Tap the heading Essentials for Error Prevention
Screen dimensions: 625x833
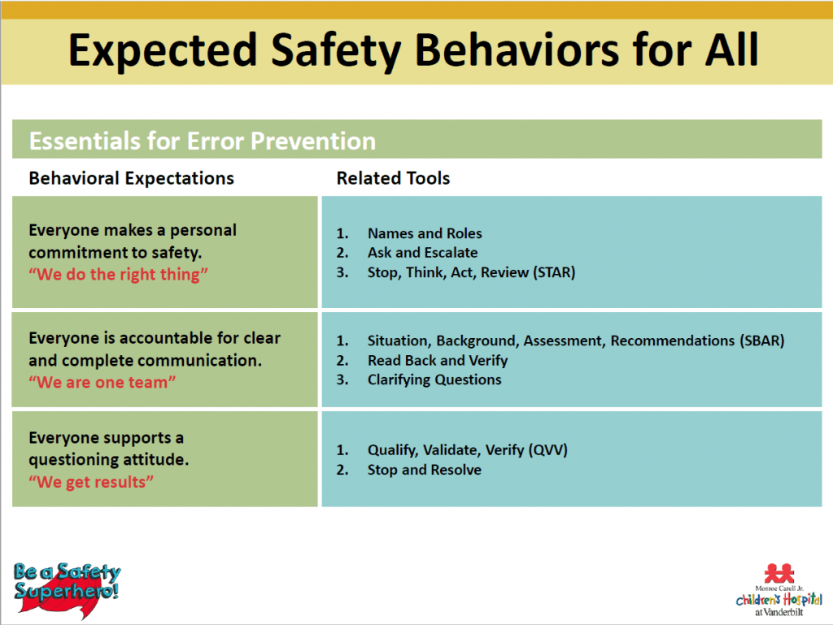tap(202, 141)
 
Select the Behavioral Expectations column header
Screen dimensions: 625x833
tap(131, 178)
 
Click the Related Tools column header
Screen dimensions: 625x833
tap(393, 178)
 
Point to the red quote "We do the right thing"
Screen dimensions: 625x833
tap(119, 275)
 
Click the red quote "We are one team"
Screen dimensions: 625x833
tap(102, 382)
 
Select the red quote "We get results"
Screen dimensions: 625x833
tap(91, 482)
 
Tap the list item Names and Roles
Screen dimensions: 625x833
tap(424, 233)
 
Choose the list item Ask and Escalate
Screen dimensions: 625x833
tap(422, 253)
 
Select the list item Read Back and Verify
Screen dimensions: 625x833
tap(437, 360)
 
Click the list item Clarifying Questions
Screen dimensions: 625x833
tap(434, 380)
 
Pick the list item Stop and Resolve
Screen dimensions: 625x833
tap(424, 470)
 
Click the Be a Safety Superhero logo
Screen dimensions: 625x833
tap(67, 580)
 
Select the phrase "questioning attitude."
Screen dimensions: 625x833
tap(108, 459)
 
